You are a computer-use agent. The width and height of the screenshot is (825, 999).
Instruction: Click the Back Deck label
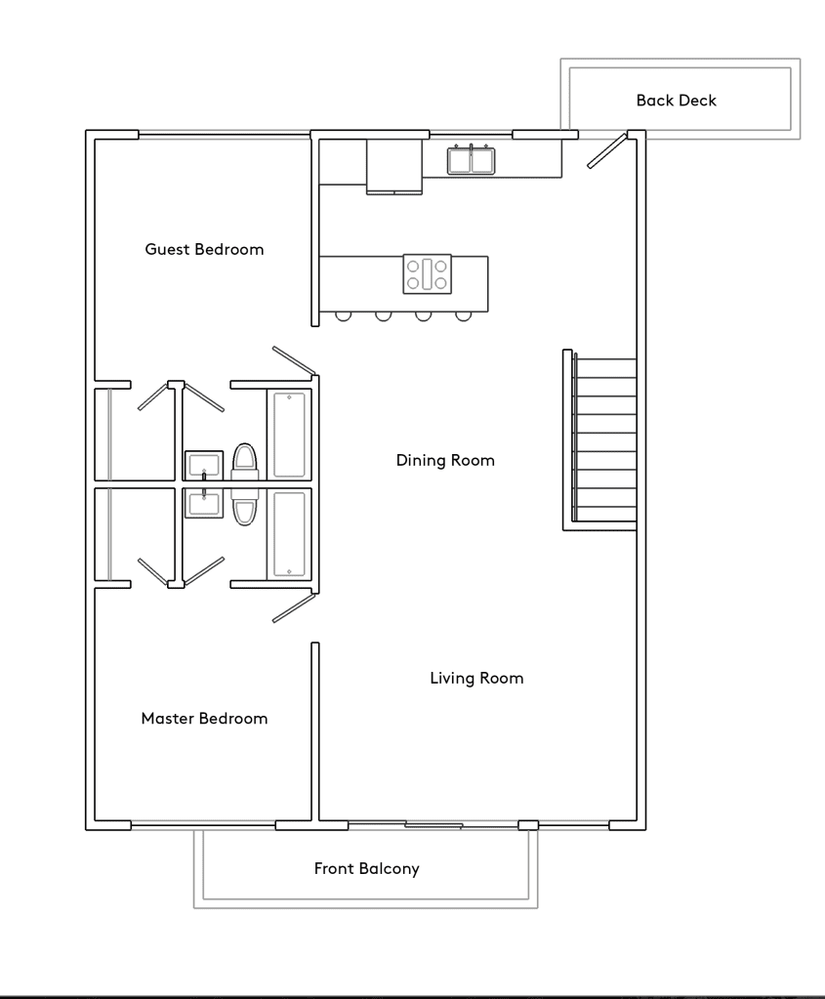(x=676, y=100)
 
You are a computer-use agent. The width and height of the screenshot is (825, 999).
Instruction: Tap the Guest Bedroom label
(x=204, y=249)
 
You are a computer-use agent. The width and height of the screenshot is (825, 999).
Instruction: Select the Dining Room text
(x=445, y=460)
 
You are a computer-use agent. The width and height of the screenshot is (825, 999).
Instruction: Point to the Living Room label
(x=477, y=678)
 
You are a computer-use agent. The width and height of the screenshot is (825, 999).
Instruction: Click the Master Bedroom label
(x=204, y=719)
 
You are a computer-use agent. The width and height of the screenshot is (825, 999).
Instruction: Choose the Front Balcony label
(x=367, y=868)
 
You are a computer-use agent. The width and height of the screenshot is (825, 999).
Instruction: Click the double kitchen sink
(x=472, y=159)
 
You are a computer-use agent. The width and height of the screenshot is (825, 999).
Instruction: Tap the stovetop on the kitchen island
(x=428, y=274)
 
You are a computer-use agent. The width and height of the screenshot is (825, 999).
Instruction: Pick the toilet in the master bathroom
(x=245, y=507)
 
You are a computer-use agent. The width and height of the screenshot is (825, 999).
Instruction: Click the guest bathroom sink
(x=204, y=465)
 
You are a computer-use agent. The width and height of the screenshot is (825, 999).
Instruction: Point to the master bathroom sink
(x=204, y=503)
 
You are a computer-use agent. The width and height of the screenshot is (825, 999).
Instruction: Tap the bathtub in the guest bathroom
(x=289, y=435)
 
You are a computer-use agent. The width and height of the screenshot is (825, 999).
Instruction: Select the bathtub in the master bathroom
(x=289, y=534)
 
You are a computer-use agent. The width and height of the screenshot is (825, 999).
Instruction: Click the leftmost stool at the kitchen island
(x=343, y=316)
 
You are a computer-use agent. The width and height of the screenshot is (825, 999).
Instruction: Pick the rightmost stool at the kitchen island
(x=463, y=316)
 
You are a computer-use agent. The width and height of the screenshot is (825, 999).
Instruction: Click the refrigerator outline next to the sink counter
(x=394, y=166)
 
